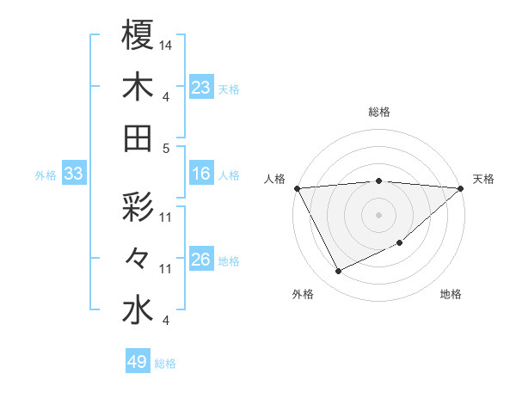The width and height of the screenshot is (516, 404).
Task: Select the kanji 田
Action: point(137,138)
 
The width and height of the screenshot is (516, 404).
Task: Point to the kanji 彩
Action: point(137,208)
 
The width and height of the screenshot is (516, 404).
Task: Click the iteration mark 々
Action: point(137,259)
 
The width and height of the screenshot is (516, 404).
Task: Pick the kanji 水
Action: point(137,310)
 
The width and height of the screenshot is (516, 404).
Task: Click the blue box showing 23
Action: point(200,87)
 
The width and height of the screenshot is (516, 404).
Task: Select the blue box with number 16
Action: point(200,174)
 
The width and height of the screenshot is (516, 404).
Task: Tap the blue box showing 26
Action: point(200,260)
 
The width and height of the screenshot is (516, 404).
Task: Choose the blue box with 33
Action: point(73,174)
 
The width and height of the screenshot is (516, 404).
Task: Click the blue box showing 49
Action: point(138,362)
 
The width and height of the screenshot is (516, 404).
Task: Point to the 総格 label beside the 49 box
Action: point(165,364)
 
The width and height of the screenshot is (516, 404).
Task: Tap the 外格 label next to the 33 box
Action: point(46,175)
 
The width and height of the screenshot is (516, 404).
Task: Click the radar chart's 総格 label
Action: point(379,112)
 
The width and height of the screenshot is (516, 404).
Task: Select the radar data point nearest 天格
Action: point(461,187)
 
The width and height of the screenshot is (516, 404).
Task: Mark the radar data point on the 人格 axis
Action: point(297,187)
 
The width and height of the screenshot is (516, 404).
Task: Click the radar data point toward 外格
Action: point(338,271)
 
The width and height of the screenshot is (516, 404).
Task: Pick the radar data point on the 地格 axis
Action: point(400,243)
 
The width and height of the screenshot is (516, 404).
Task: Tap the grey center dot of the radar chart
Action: point(379,214)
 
